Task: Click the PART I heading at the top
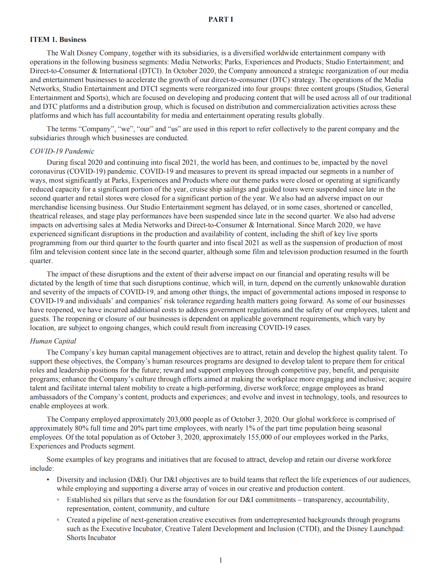pyautogui.click(x=221, y=19)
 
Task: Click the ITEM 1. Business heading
pyautogui.click(x=58, y=40)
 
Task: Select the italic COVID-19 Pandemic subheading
pyautogui.click(x=62, y=151)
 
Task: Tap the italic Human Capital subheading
pyautogui.click(x=53, y=341)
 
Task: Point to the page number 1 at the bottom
pyautogui.click(x=221, y=560)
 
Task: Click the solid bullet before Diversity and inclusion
pyautogui.click(x=48, y=480)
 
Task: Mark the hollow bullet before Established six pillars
pyautogui.click(x=58, y=500)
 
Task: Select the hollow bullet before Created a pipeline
pyautogui.click(x=58, y=520)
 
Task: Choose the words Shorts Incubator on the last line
pyautogui.click(x=91, y=538)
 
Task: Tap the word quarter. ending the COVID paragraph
pyautogui.click(x=41, y=261)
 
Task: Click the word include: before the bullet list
pyautogui.click(x=42, y=469)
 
